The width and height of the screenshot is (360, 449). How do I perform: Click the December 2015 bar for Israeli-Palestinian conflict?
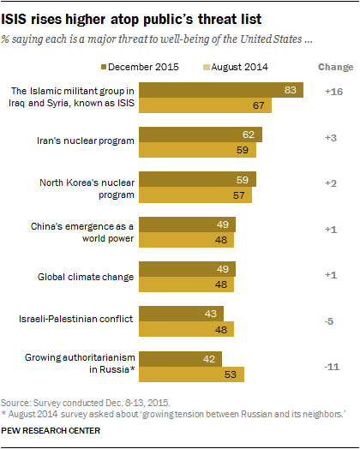(x=182, y=314)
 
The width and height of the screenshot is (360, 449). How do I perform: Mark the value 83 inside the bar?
(x=291, y=91)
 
